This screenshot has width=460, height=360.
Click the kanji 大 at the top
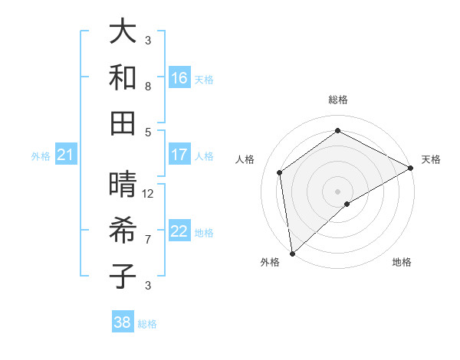click(123, 32)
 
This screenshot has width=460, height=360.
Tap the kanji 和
click(123, 77)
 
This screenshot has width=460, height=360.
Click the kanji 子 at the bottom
click(123, 277)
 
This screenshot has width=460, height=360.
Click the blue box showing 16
click(179, 77)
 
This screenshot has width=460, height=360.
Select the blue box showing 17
click(179, 155)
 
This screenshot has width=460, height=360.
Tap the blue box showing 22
click(179, 231)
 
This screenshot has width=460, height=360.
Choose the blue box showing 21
click(66, 155)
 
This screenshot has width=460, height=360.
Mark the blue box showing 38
click(123, 322)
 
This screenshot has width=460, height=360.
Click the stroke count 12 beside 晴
click(149, 194)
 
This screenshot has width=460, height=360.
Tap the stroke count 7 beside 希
click(148, 239)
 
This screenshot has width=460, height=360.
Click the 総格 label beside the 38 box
click(147, 324)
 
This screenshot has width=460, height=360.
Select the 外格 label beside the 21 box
click(41, 156)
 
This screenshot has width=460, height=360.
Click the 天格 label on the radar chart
click(431, 159)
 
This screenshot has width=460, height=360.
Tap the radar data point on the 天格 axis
click(411, 169)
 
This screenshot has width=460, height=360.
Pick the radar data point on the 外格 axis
click(292, 253)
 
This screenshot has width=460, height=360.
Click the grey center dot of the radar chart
click(337, 191)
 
